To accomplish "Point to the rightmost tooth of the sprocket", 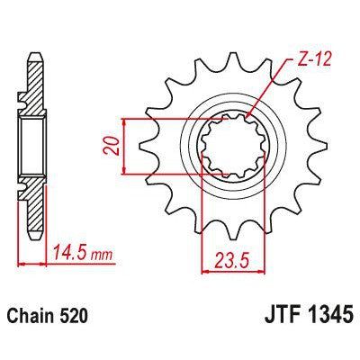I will (x=315, y=148).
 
